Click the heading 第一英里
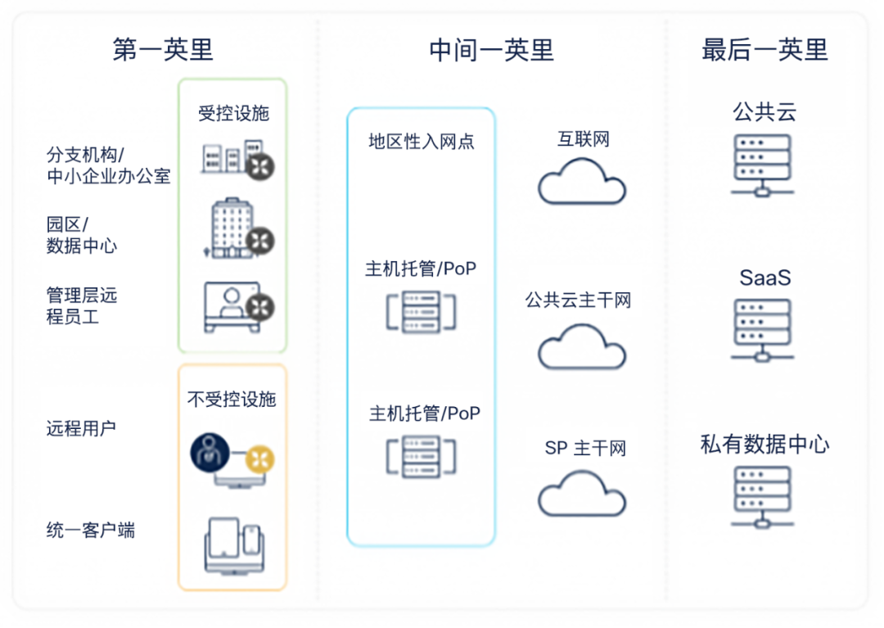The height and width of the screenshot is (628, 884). [x=163, y=49]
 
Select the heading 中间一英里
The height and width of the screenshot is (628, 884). [x=491, y=49]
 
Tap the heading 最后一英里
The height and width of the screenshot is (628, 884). [x=764, y=49]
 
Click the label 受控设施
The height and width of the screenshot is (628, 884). [x=233, y=113]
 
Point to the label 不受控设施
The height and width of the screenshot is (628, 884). [x=232, y=399]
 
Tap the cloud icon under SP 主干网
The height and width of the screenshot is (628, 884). [x=582, y=493]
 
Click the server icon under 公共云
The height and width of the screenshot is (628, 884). [x=762, y=165]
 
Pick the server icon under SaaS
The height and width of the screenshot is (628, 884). [x=762, y=329]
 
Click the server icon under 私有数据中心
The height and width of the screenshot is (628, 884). [x=762, y=496]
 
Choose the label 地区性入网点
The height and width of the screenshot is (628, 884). [x=421, y=142]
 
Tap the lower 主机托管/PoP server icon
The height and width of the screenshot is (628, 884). [x=421, y=456]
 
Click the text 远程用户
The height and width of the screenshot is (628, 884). [x=81, y=428]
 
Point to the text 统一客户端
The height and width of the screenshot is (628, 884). [x=91, y=531]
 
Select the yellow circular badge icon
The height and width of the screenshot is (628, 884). [x=261, y=459]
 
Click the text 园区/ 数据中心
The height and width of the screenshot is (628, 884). [x=81, y=235]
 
